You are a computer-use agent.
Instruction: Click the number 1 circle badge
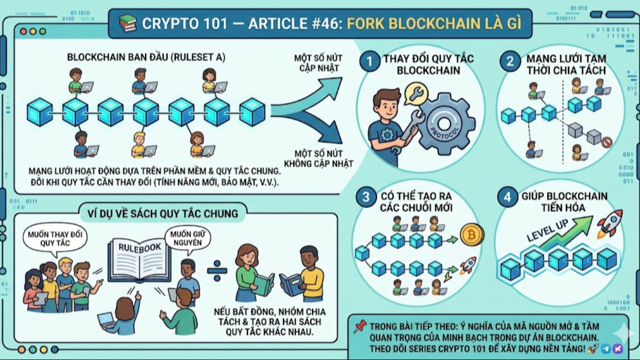point(370,62)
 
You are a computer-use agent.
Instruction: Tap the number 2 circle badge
point(510,62)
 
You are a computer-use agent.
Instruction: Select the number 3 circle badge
point(365,197)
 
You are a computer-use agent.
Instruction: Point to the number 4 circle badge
point(507,197)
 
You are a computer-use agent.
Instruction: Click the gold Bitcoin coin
point(471,234)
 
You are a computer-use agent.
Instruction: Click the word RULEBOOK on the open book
point(139,247)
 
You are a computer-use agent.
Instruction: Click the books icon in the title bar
point(127,23)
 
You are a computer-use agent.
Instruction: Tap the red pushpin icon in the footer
point(359,326)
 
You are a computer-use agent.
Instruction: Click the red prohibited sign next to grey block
point(606,142)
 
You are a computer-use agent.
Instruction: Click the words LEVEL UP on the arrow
point(547,231)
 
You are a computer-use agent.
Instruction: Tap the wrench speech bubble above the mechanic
point(415,93)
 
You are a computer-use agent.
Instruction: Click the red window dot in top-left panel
point(23,31)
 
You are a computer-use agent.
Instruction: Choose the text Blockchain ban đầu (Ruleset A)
point(146,57)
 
